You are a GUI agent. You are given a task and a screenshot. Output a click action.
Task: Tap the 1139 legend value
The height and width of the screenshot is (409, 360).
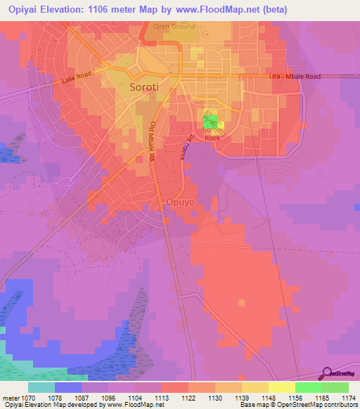click(243, 397)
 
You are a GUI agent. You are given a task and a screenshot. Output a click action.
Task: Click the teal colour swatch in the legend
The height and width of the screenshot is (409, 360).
click(41, 387)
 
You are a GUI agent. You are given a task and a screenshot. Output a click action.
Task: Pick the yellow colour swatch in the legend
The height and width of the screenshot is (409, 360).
click(281, 387)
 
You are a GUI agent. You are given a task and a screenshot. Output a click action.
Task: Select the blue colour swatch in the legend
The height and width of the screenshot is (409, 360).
click(68, 387)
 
